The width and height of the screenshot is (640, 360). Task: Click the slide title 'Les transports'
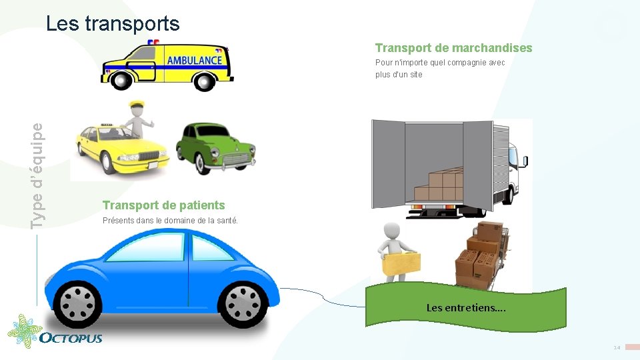point(113,24)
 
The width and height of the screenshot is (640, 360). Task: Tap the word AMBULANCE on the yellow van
point(194,60)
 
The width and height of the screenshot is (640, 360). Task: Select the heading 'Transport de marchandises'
point(453,48)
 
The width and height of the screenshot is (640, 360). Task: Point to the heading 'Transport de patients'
point(163,205)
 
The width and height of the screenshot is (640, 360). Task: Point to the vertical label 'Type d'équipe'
point(40,175)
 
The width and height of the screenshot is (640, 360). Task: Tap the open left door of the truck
point(387,163)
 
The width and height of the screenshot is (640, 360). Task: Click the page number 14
point(617,348)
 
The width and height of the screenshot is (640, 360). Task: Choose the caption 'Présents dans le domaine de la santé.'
point(170,221)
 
